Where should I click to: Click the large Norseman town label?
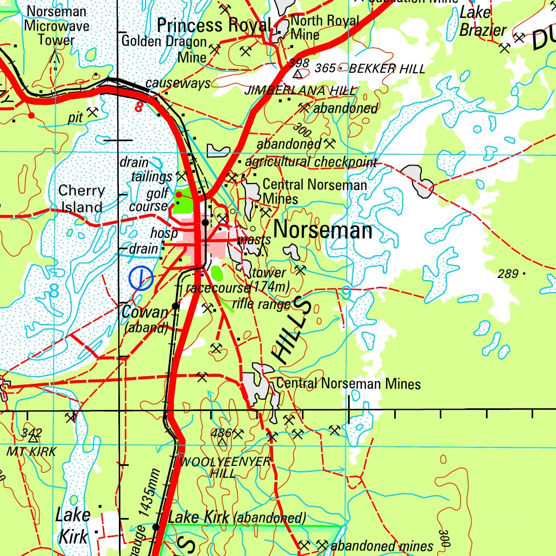coord(323,231)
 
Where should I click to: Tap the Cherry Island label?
coord(81,199)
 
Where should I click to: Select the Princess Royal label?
coord(213,25)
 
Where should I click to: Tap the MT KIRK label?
coord(31,451)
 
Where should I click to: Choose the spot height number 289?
coord(508,274)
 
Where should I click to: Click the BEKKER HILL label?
coord(387,69)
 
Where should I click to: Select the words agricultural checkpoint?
coord(311,162)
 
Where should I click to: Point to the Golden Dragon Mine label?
coord(164,48)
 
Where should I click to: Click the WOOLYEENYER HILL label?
coord(225,467)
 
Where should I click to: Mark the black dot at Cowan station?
coord(175,306)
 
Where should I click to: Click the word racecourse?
coord(217,287)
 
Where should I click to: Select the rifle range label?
coord(262,305)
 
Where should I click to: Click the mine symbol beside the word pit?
coord(93,112)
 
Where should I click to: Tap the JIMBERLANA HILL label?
coord(300,90)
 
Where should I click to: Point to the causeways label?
coord(178,84)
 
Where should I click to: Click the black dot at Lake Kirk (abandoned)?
coord(155,527)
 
